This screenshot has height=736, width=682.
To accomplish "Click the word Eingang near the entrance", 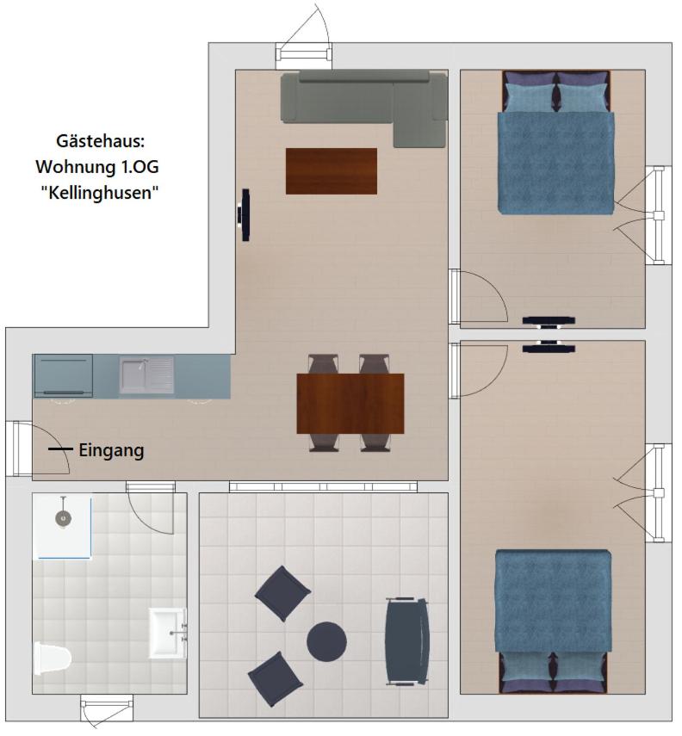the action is [111, 450].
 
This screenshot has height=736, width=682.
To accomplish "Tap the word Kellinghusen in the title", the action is [100, 193].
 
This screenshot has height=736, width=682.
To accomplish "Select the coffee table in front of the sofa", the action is [332, 170].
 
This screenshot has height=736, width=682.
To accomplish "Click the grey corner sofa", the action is [364, 106].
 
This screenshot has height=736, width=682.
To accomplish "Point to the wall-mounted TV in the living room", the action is [245, 215].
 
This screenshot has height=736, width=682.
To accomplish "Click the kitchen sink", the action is [146, 375].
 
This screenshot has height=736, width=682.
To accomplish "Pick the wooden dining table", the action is [350, 404].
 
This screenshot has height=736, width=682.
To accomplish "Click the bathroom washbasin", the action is [167, 634].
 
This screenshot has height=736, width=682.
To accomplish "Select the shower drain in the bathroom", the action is [63, 518].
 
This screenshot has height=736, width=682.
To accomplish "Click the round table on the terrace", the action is [326, 641].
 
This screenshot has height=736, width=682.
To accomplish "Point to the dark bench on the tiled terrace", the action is [406, 641].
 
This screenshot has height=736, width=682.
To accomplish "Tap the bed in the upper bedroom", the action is [556, 143].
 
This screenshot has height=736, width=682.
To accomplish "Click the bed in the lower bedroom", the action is [554, 622].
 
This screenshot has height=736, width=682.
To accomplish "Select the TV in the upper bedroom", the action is [549, 322].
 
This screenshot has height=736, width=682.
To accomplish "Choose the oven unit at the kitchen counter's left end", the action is [63, 376].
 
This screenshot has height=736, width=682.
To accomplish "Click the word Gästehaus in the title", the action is [100, 141].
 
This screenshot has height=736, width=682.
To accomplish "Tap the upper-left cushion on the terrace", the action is [282, 593].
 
